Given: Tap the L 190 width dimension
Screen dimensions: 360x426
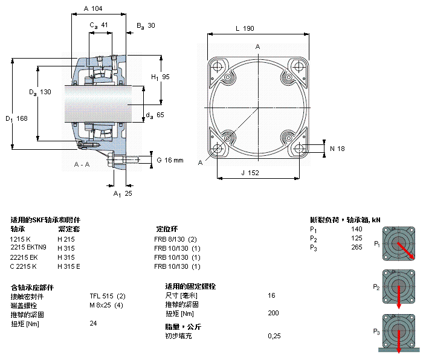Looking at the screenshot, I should coord(244,28).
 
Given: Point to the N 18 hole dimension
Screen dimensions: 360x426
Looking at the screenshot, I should coord(337,149).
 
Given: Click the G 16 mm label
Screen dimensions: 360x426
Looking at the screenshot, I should coord(170,160).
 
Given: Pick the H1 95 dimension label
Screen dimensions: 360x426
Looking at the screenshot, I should coord(160,77).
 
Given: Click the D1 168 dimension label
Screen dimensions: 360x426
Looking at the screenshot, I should coord(18,118).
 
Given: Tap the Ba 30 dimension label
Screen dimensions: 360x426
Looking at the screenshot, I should coord(146,25).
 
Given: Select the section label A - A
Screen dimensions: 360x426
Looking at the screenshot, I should coord(82,164).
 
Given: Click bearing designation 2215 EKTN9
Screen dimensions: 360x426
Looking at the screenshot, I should coord(28,248).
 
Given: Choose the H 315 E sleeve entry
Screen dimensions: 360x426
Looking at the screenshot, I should coord(69,266).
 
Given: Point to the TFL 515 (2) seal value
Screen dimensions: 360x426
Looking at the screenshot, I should coord(108,297).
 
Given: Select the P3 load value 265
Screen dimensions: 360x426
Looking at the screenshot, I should coord(357,248).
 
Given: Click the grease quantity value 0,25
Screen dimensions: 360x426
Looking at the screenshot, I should coord(274,336).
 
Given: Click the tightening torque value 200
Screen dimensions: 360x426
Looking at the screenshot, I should coord(273,313).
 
